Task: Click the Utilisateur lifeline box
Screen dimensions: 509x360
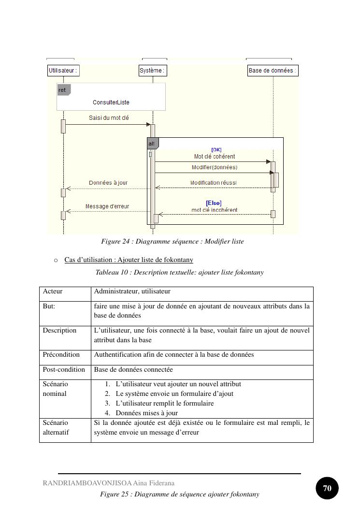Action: click(x=63, y=71)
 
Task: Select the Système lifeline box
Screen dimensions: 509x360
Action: click(x=153, y=71)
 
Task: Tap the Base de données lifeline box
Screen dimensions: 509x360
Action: click(x=273, y=71)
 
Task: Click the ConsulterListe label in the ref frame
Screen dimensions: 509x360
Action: click(x=111, y=102)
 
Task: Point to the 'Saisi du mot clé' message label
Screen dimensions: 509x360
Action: click(x=109, y=118)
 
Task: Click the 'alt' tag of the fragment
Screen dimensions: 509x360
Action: click(x=152, y=144)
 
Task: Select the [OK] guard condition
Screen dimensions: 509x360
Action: click(x=216, y=150)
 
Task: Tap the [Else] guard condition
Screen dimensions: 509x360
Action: click(x=214, y=203)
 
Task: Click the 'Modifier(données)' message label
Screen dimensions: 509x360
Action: click(x=215, y=167)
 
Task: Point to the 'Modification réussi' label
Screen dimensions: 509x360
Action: click(x=213, y=183)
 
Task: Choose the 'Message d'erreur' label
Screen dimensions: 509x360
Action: click(x=107, y=206)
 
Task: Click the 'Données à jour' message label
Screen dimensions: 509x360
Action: click(x=108, y=183)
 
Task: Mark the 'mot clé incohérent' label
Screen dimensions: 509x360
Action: click(x=214, y=210)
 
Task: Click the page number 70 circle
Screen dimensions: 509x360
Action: click(x=327, y=488)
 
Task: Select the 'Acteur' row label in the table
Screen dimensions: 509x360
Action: click(x=53, y=291)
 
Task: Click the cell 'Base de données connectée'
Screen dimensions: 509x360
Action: click(x=133, y=369)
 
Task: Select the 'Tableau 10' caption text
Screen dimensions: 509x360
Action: click(x=179, y=272)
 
